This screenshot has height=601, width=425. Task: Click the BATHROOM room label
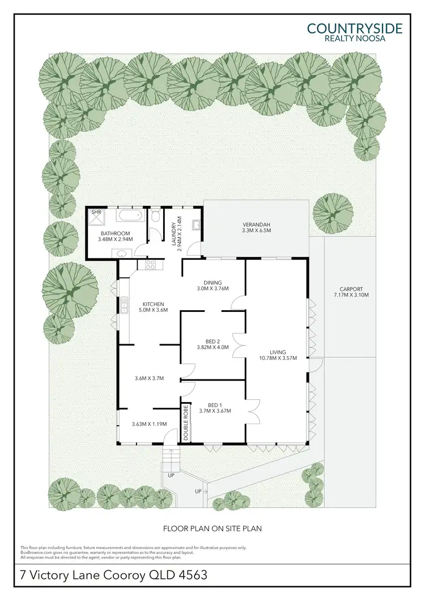click(x=116, y=233)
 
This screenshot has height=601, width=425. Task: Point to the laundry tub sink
click(x=197, y=225)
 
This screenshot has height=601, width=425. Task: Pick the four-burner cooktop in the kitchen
click(x=151, y=264)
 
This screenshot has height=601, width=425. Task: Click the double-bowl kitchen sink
click(x=123, y=307)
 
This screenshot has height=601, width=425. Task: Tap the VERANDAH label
click(x=256, y=223)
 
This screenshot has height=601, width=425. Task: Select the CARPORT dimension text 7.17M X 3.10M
click(x=351, y=295)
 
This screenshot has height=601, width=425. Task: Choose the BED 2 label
click(x=212, y=341)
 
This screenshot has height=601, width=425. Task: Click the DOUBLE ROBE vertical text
click(x=185, y=421)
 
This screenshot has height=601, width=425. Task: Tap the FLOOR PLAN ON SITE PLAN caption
click(x=212, y=528)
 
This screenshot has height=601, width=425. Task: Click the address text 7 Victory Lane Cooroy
click(x=113, y=575)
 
